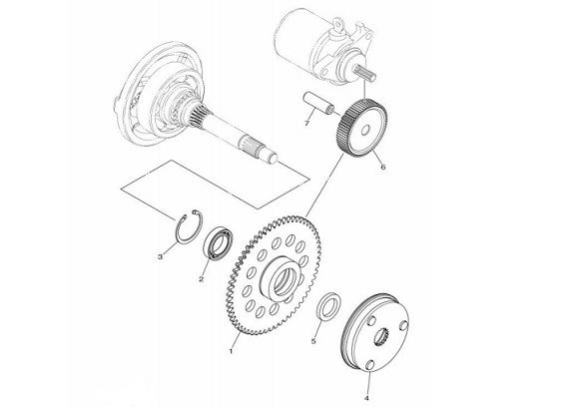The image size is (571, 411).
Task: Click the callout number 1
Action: (231, 351)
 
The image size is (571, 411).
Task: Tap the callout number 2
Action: (201, 279)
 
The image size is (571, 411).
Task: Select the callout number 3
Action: (160, 257)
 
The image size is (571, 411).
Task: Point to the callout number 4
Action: (366, 398)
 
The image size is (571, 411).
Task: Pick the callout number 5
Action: (313, 341)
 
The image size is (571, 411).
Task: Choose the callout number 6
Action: (382, 168)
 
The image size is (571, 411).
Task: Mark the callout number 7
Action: (307, 124)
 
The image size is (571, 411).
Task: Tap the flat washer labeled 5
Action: (329, 304)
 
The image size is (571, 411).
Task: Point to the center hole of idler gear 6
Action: (365, 130)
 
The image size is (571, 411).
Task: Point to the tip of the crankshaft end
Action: (273, 158)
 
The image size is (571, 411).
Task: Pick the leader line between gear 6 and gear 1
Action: (324, 185)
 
